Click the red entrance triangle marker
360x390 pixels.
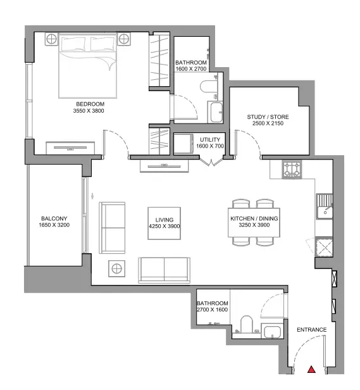311,369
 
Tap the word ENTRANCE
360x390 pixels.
311,330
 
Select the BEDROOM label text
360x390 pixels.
90,104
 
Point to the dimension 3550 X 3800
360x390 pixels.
89,111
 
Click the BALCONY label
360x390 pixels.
54,218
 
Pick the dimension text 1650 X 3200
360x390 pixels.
54,225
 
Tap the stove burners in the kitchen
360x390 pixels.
292,170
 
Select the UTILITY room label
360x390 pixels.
210,139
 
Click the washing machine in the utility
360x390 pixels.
183,144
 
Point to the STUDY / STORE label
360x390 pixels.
268,117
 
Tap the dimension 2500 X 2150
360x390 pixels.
268,123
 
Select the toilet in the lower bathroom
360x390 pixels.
247,324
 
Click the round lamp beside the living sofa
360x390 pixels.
117,268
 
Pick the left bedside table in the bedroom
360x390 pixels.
52,39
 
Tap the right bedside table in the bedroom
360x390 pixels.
123,39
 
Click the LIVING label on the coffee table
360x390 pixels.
164,220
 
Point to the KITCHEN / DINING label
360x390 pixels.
254,218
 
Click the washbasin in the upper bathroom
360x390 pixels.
216,112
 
